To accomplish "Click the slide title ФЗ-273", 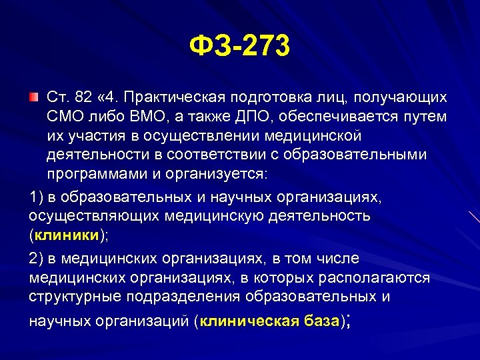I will (240, 47).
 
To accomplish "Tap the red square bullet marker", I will (33, 98).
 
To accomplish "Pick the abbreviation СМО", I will (65, 117).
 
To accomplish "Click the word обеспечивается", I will (337, 117).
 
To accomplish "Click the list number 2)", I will (37, 258).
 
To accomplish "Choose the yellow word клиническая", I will (249, 321).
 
